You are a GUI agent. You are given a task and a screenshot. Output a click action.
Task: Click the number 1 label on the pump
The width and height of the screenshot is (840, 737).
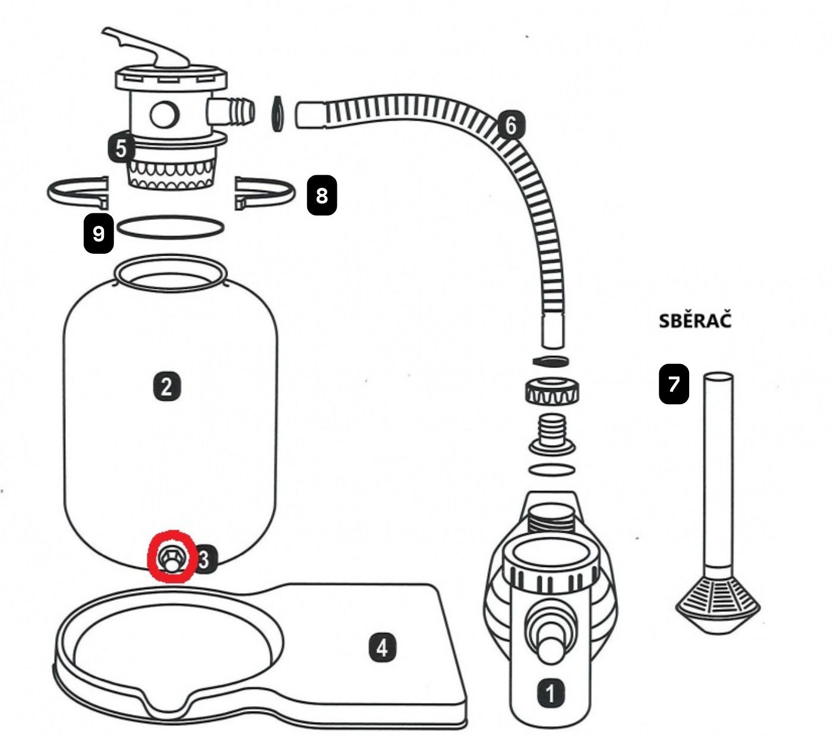[551, 693]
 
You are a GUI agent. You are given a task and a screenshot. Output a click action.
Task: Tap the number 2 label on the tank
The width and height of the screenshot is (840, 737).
[167, 386]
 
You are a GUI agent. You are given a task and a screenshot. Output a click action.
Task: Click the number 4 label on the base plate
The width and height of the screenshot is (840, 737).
[382, 647]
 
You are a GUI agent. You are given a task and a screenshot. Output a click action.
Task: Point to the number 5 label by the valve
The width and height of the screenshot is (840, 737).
[121, 149]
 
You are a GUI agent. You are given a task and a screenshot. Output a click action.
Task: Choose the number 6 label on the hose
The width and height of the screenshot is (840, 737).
[511, 125]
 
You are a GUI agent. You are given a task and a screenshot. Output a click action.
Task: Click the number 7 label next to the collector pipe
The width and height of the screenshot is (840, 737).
[674, 384]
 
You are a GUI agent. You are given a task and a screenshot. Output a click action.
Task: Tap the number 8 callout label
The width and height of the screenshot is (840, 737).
[321, 195]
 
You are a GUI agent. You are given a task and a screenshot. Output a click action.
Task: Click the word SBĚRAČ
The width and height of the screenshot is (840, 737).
[695, 321]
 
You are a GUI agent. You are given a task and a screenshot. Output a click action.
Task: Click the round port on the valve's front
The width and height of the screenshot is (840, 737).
[165, 114]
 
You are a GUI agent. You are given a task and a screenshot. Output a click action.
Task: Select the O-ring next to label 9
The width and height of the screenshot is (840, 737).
[171, 227]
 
